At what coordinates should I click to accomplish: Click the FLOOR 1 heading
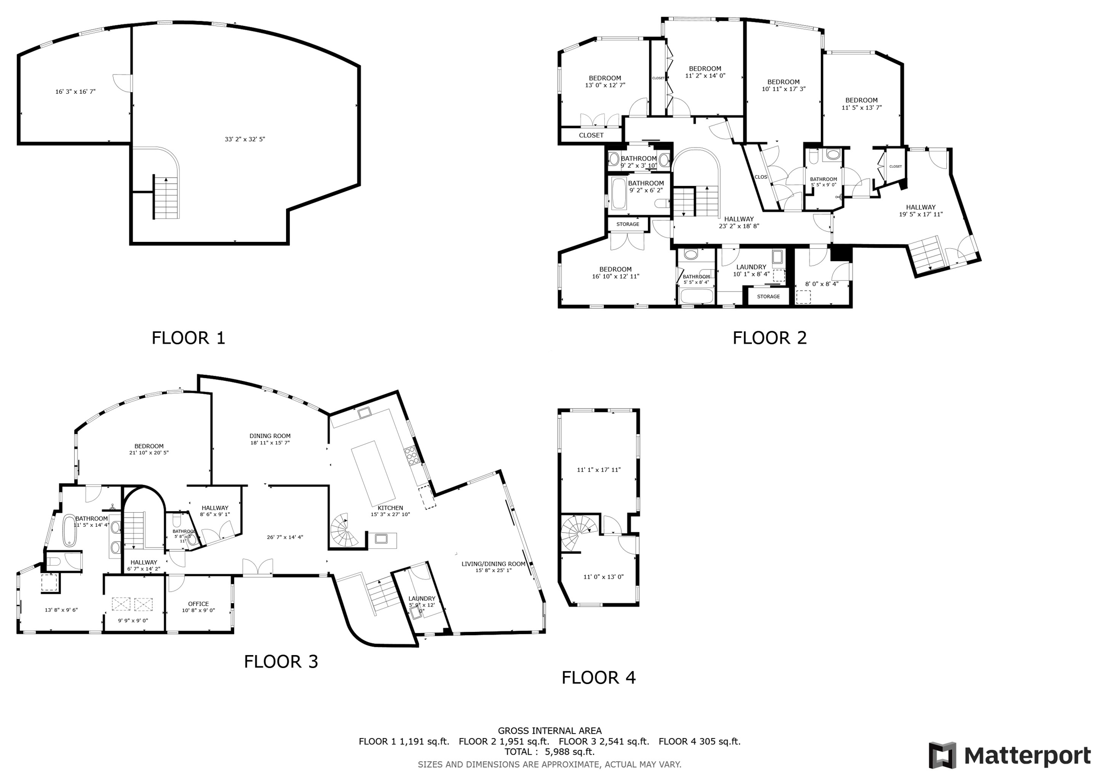[x=188, y=338]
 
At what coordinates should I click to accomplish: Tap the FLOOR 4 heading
[x=598, y=677]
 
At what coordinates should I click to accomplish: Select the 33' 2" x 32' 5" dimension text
[x=245, y=139]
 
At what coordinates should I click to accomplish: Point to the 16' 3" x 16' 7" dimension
[x=75, y=92]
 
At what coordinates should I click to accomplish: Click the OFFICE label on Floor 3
[x=198, y=604]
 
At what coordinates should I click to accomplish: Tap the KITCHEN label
[x=390, y=507]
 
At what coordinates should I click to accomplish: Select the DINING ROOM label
[x=270, y=436]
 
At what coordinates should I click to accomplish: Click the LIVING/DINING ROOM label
[x=493, y=564]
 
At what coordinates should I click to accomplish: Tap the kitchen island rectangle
[x=373, y=470]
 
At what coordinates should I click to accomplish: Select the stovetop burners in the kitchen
[x=411, y=456]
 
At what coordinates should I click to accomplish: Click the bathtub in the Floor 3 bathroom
[x=70, y=531]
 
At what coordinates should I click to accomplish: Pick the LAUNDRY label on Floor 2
[x=751, y=267]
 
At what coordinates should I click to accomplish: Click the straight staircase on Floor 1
[x=166, y=197]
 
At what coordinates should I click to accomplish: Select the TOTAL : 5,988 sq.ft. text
[x=549, y=751]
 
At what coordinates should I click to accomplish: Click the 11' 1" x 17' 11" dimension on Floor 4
[x=598, y=470]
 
